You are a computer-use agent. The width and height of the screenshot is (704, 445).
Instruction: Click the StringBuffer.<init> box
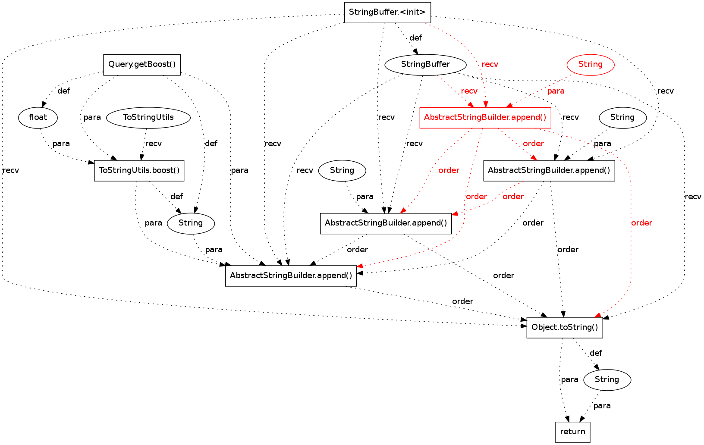click(387, 12)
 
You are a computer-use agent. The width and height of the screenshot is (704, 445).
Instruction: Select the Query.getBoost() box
click(142, 65)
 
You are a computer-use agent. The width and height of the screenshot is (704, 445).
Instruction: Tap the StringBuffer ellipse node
click(425, 65)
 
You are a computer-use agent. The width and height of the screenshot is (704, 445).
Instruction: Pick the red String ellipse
click(590, 65)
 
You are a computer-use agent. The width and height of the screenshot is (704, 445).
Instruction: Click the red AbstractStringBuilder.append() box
click(485, 117)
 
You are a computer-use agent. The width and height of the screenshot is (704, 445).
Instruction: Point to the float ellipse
click(38, 117)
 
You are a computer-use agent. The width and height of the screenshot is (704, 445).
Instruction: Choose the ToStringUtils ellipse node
click(148, 117)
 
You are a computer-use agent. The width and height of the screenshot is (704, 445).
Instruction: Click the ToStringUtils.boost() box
click(139, 170)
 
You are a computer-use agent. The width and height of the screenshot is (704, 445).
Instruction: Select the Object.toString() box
click(565, 327)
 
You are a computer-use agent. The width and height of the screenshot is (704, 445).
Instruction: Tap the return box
click(572, 432)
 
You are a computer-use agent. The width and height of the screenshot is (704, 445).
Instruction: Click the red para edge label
click(556, 91)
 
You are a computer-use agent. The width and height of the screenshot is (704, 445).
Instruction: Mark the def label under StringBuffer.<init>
click(415, 38)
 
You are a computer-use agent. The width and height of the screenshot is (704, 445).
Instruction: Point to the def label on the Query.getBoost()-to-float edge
click(63, 91)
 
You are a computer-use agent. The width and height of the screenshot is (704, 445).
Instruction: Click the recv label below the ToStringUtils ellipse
click(154, 144)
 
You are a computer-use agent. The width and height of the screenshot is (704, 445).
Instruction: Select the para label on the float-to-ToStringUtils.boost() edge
click(61, 144)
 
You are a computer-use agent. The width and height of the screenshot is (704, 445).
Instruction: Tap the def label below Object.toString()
click(596, 353)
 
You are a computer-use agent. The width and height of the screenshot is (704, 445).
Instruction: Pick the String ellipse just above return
click(607, 379)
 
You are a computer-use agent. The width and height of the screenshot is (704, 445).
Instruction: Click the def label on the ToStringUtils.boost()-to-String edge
click(176, 197)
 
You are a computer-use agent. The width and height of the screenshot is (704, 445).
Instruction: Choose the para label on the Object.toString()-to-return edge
click(569, 379)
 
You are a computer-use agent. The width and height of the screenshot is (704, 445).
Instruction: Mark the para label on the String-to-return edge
click(602, 406)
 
